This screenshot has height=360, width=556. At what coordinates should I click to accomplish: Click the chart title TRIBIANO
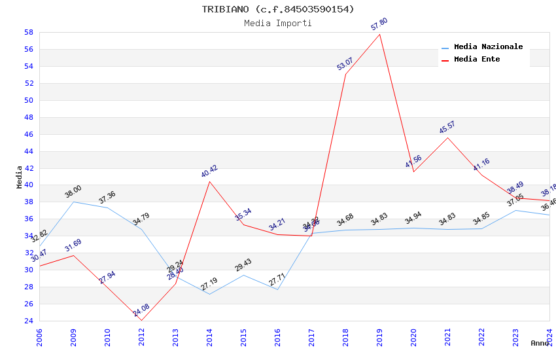pos(277,9)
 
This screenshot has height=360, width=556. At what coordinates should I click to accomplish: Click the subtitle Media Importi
pos(277,23)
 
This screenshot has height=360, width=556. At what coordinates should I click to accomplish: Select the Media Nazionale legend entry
pos(488,46)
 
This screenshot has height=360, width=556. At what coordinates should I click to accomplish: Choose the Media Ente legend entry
pos(477,59)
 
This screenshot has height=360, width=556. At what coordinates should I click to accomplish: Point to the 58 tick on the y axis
pos(29,32)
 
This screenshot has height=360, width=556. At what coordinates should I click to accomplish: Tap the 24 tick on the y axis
pos(29,321)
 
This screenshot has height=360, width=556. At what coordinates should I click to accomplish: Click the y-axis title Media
pos(19,177)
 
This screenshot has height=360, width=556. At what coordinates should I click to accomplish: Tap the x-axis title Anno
pos(540,343)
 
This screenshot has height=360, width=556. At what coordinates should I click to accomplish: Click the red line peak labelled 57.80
pos(379,34)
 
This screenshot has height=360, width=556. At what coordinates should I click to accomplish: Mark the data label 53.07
pos(345,63)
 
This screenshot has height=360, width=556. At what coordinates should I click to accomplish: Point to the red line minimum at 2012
pos(141,320)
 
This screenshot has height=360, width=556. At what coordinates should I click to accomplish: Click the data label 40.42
pos(209,171)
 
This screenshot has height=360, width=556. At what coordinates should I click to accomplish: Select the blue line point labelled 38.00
pos(73,202)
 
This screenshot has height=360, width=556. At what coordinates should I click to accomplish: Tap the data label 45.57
pos(447,127)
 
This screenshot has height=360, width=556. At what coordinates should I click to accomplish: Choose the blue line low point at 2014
pos(209,294)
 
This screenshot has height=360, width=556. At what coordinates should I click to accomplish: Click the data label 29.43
pos(243,265)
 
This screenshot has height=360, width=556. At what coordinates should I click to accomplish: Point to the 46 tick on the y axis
pos(29,134)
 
